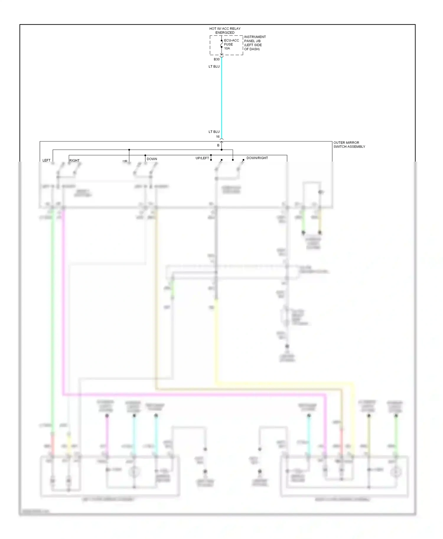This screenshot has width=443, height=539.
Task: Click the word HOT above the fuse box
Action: tap(213, 29)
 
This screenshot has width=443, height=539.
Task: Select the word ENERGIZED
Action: tap(225, 33)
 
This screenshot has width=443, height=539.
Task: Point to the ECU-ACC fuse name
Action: tap(232, 40)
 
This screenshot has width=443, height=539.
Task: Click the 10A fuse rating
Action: tap(227, 48)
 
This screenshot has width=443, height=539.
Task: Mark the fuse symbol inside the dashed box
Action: tap(221, 44)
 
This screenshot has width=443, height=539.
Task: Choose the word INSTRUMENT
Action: tap(255, 37)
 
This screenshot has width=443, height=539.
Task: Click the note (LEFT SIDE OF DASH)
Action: tap(253, 47)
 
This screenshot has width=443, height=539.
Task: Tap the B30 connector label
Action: tap(217, 59)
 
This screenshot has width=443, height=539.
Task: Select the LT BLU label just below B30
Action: tap(214, 67)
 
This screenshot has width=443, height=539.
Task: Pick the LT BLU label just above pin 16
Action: tap(214, 132)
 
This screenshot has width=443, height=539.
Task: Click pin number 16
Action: tap(218, 137)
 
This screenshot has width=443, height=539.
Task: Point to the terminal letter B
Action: tap(219, 145)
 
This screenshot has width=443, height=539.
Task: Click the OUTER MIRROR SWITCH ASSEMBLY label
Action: tap(349, 144)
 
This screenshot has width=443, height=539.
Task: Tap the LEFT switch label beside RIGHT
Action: tap(46, 160)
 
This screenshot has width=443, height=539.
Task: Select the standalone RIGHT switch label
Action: tap(74, 160)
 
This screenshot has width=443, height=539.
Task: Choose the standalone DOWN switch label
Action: tap(152, 159)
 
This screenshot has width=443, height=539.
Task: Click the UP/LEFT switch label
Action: tap(202, 158)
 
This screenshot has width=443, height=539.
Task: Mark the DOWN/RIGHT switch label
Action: tap(257, 158)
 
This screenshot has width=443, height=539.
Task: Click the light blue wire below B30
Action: tap(221, 97)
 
